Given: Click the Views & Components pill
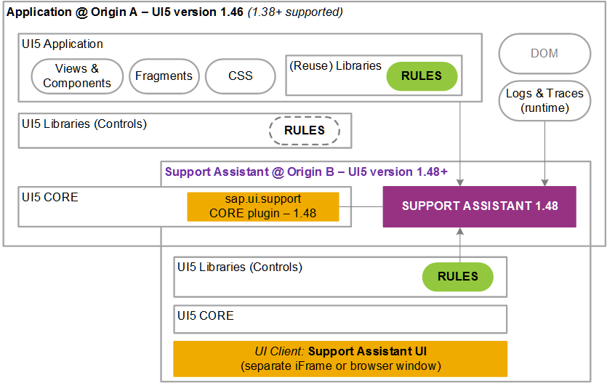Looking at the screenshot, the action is coord(77,76).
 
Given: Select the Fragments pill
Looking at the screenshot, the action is coord(164,76).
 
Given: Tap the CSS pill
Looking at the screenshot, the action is coord(241,76).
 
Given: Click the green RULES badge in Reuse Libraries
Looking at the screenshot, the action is coord(422,76).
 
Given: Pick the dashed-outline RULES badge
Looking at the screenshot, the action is coord(305,131).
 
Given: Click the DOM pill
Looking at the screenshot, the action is coord(544,53).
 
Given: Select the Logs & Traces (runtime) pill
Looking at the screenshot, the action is coord(544,100).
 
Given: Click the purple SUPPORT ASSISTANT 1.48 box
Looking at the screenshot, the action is coord(479,206).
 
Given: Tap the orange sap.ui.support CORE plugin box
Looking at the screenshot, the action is coord(263,206).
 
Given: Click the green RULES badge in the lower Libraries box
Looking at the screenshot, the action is coord(457,277).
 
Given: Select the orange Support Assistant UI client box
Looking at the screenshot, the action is coord(340,358).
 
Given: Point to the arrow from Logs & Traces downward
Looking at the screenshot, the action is coord(544,153).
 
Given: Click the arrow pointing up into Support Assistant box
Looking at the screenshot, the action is coord(460,243).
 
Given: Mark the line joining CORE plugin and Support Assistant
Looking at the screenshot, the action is coord(361,206).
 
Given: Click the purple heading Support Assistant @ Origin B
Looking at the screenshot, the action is coord(306,172).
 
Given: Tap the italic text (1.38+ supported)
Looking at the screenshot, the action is coord(295,12).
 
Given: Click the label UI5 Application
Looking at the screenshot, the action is coord(63,44).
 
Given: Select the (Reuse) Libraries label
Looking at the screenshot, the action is coord(335,65).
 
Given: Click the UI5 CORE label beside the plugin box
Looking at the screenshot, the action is coord(50,197).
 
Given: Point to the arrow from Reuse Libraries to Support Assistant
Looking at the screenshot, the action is coord(460,144).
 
